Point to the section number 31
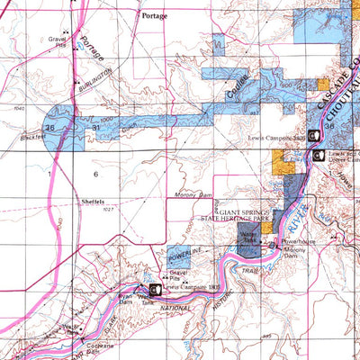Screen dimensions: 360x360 click(95, 130)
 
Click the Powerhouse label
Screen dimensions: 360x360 click(300, 242)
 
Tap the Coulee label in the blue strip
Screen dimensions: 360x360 click(237, 88)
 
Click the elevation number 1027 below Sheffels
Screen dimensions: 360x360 click(86, 210)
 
